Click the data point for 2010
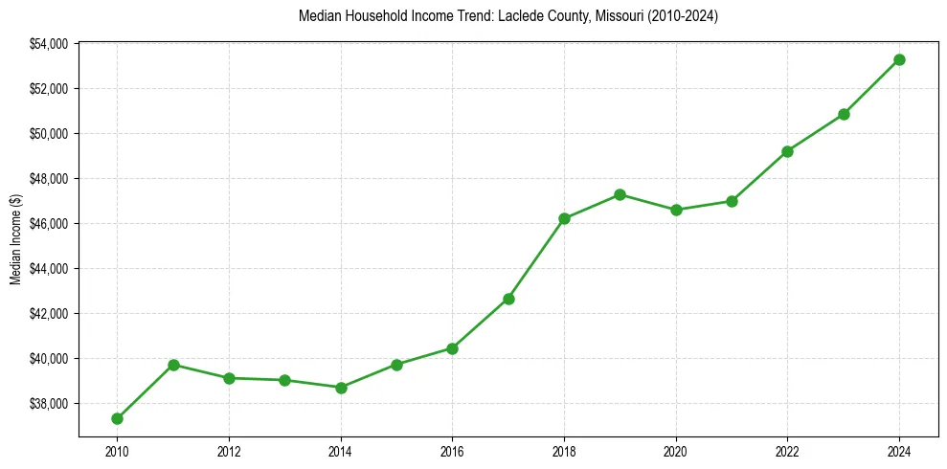point(117,418)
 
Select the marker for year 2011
point(173,365)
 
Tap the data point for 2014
point(341,388)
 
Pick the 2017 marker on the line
point(508,299)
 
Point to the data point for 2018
point(564,218)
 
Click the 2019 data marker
point(620,194)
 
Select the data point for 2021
point(732,201)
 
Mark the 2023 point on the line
point(844,114)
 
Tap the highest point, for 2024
point(899,59)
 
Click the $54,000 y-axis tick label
point(49,44)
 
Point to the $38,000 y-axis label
point(49,404)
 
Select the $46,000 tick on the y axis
point(49,224)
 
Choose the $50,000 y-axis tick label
point(49,134)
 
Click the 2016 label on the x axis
point(452,451)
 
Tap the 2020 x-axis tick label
point(676,451)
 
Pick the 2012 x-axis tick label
point(229,451)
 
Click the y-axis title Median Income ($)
point(15,240)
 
